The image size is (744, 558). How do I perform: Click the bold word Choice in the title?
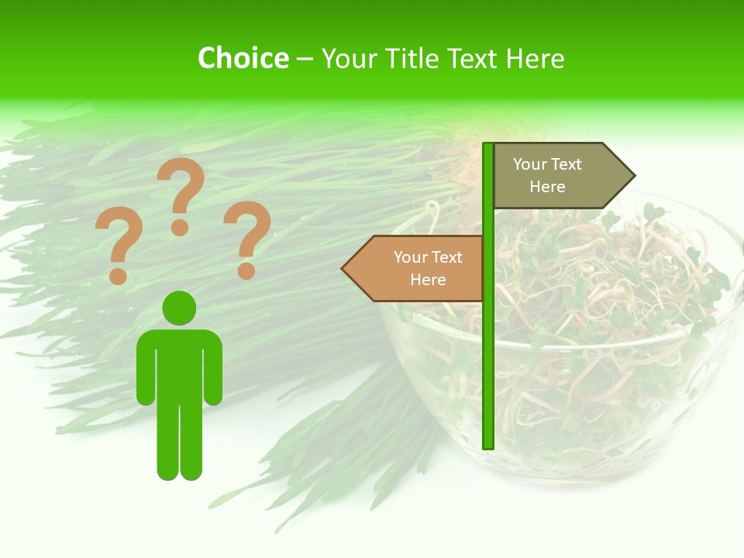243,58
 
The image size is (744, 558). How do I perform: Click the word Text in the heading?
474,59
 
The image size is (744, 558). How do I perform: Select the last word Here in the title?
535,59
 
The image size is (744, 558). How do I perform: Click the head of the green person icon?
179,308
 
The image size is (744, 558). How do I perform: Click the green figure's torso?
179,364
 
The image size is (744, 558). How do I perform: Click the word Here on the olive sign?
547,187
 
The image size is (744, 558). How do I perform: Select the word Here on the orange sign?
428,280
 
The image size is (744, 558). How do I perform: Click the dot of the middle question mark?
180,227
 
